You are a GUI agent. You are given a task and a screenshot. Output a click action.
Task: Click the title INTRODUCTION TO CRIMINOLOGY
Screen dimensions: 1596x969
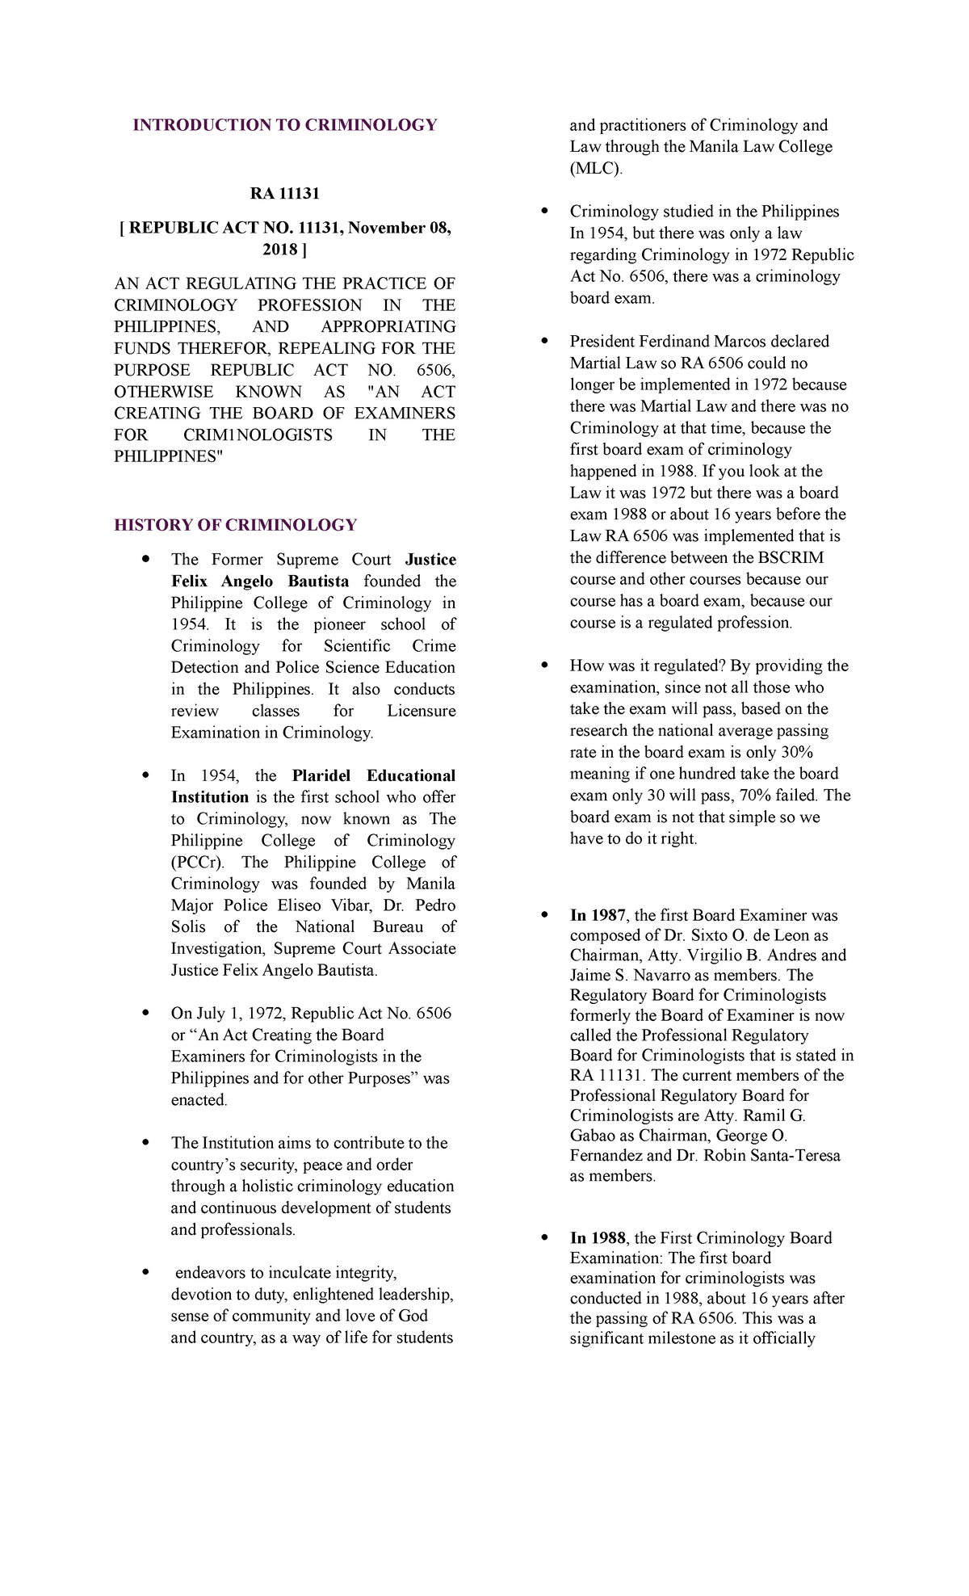(x=284, y=125)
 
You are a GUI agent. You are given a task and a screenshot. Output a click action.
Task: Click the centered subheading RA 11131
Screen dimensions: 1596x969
(x=284, y=194)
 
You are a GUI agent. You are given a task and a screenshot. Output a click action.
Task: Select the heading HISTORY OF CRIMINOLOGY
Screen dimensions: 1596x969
(x=235, y=525)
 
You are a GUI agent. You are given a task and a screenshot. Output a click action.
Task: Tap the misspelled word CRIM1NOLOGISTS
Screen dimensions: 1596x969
(x=258, y=435)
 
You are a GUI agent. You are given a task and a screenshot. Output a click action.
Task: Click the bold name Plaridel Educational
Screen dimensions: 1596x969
(x=373, y=776)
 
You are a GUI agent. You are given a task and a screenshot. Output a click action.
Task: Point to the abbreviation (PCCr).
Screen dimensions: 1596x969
(x=197, y=863)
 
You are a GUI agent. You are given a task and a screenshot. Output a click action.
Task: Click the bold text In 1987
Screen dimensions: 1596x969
(x=598, y=915)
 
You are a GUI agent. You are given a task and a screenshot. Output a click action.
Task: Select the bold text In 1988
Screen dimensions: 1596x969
(x=598, y=1238)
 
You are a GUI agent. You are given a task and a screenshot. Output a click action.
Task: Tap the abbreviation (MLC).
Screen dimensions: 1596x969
(x=596, y=169)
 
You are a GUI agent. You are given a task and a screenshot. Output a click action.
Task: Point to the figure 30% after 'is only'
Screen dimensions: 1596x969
(x=796, y=753)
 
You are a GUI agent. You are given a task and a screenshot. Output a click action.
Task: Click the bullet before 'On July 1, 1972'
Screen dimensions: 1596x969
(x=145, y=1013)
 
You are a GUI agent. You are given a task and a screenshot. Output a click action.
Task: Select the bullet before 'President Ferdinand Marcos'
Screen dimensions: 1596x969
(x=544, y=341)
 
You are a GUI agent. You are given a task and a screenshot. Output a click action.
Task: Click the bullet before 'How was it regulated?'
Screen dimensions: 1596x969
(x=544, y=666)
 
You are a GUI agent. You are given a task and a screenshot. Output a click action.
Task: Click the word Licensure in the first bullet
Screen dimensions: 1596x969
(x=421, y=712)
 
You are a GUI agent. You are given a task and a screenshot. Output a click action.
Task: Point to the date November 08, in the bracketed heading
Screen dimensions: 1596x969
(x=399, y=229)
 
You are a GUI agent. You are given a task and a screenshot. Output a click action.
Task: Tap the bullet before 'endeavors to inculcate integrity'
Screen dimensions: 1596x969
(x=145, y=1273)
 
